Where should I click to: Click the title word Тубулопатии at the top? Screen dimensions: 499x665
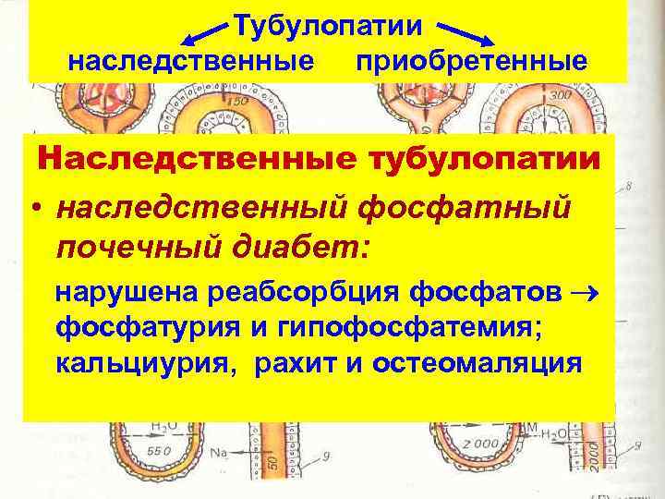(x=330, y=25)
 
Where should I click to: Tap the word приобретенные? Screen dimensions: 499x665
(x=471, y=62)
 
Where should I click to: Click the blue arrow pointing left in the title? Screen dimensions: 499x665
(x=206, y=36)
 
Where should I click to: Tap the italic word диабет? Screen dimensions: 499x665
(x=295, y=247)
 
